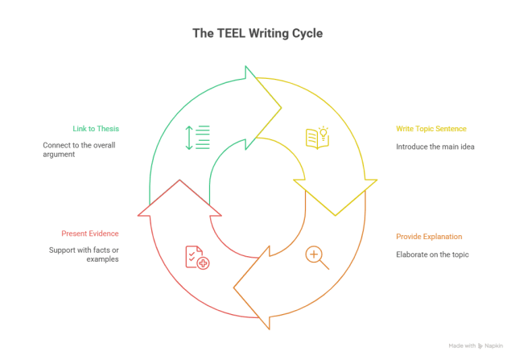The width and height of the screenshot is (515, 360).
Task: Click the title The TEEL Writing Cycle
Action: coord(257,33)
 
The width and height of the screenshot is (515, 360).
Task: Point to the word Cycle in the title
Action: coord(307,33)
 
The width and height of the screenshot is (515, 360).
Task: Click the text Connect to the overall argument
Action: coord(79,149)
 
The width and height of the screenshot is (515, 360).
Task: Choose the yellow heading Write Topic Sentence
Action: coord(431,128)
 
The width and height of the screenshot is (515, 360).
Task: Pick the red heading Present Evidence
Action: coord(90,234)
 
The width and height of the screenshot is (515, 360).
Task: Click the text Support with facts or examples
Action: coord(83,254)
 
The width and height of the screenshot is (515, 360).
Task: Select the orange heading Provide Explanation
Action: coord(429,237)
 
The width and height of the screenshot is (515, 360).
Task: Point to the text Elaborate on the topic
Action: coord(432,254)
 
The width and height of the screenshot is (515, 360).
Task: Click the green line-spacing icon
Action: coord(197,137)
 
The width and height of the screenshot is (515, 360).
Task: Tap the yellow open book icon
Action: coord(317,137)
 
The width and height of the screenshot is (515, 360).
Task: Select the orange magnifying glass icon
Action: coord(317,257)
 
